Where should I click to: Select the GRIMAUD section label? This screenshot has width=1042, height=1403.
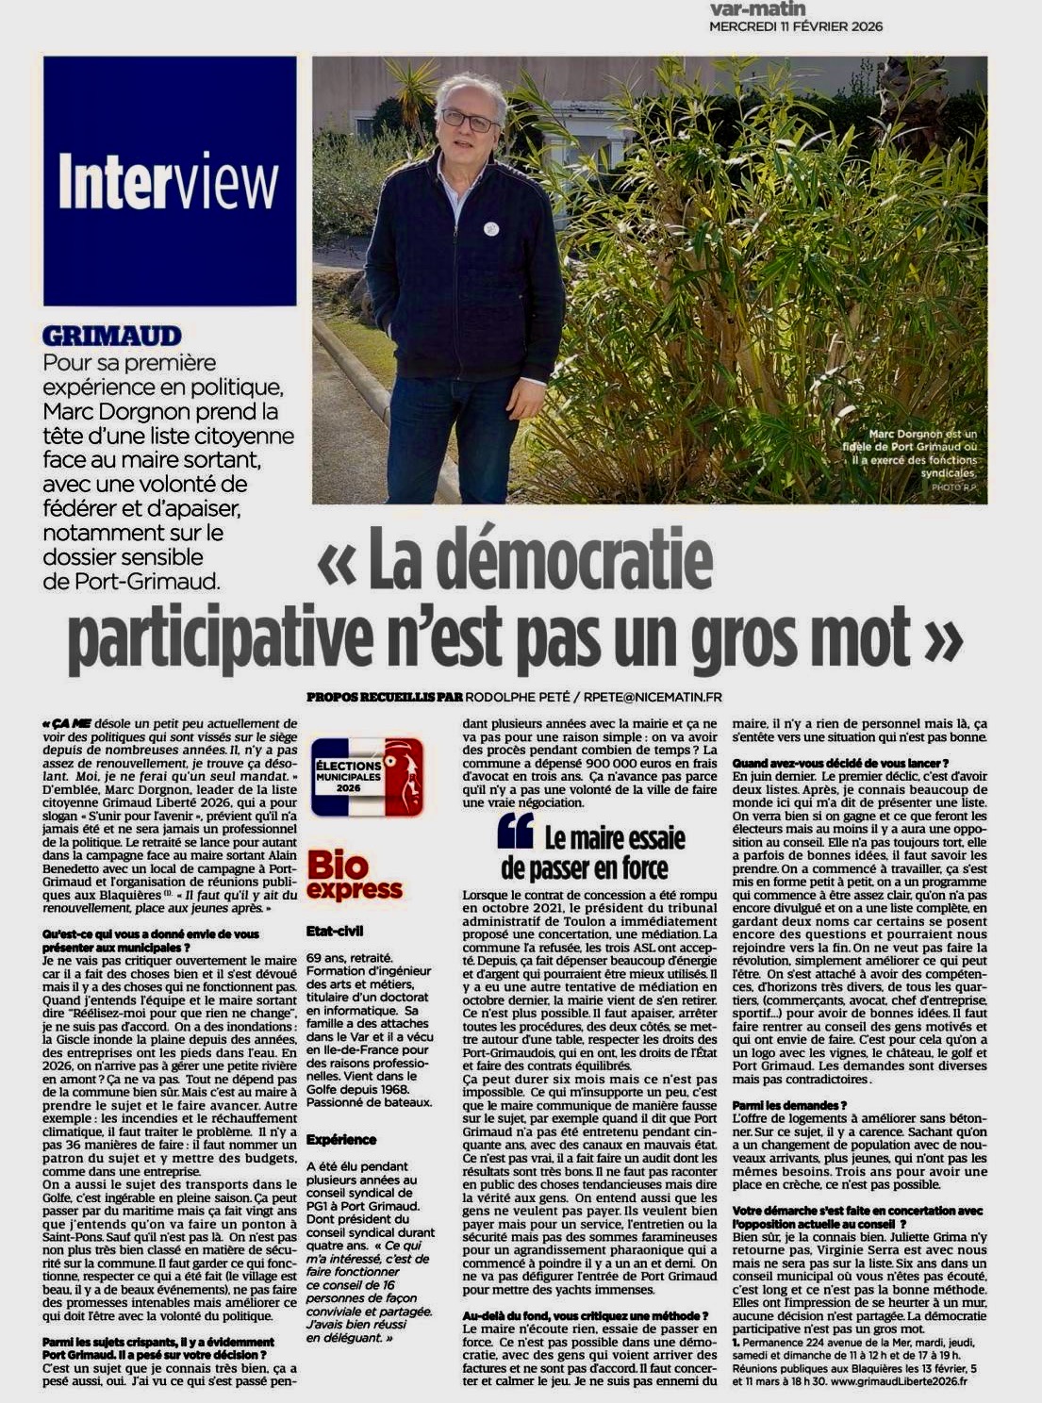112,336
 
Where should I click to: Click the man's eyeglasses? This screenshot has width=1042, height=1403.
469,120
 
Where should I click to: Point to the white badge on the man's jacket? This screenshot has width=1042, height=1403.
490,228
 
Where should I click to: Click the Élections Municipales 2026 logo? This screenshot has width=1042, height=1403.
368,777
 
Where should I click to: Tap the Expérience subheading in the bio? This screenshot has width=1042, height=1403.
341,1139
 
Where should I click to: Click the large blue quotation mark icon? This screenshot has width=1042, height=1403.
515,831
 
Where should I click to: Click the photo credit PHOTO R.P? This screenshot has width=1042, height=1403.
956,487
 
